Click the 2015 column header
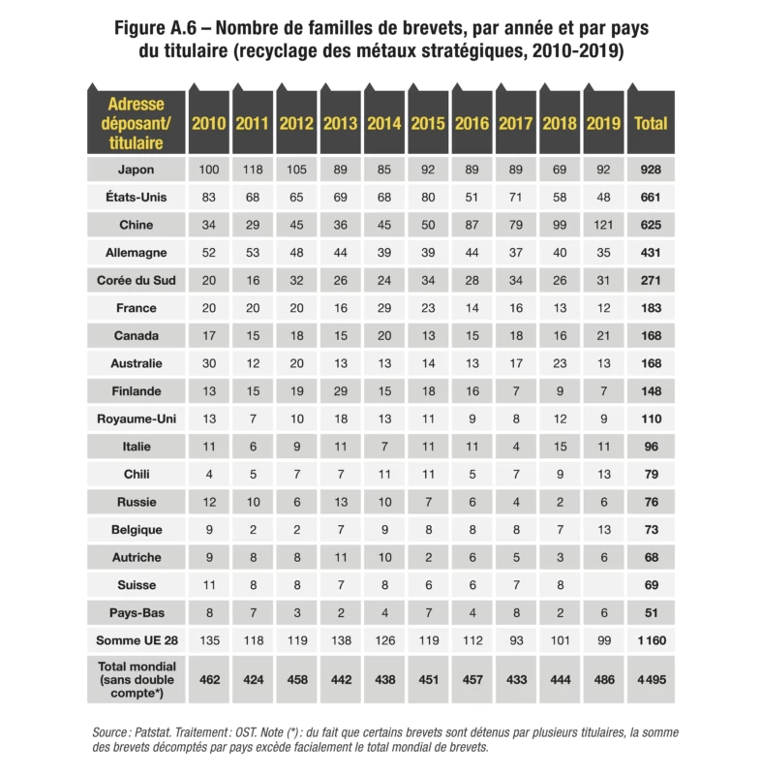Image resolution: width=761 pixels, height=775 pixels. tap(427, 124)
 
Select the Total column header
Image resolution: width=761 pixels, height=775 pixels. tap(650, 124)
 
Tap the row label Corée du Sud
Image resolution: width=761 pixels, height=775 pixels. tap(136, 280)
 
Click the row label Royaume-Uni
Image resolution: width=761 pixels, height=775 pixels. tap(136, 419)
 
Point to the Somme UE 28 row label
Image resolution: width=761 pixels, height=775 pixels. tap(136, 640)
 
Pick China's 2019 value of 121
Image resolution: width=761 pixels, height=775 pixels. tap(603, 225)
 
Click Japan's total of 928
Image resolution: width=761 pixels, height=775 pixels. tap(650, 170)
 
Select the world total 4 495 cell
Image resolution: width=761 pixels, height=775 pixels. tap(650, 680)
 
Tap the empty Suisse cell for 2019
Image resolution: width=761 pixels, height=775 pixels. tap(603, 585)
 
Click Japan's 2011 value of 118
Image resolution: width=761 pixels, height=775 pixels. tap(252, 170)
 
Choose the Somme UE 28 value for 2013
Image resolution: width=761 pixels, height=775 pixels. tap(340, 640)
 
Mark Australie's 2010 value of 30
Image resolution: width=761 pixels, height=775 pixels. tap(209, 363)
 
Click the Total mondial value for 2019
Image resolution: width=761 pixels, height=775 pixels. tap(603, 680)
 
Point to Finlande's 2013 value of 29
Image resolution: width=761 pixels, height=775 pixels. tap(340, 391)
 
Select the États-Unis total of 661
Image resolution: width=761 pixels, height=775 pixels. tap(650, 197)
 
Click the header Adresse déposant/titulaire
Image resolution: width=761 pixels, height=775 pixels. tap(136, 123)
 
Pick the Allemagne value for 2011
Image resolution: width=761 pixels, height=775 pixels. tap(252, 253)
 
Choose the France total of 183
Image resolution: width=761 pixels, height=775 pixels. tap(650, 308)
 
